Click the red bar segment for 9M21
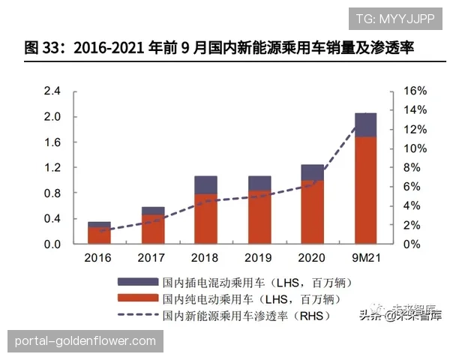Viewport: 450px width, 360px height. [x=365, y=190]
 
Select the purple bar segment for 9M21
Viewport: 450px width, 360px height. [x=365, y=125]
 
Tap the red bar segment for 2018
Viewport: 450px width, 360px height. [x=205, y=219]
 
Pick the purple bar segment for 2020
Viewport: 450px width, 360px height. [x=312, y=172]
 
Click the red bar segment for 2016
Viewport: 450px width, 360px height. [x=99, y=235]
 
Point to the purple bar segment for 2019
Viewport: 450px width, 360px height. [x=259, y=184]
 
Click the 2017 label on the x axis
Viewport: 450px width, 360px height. [x=151, y=258]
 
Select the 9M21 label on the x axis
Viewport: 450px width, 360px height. [x=365, y=258]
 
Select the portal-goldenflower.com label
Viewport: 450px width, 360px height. [x=85, y=341]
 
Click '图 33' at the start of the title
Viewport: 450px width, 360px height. [x=43, y=48]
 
